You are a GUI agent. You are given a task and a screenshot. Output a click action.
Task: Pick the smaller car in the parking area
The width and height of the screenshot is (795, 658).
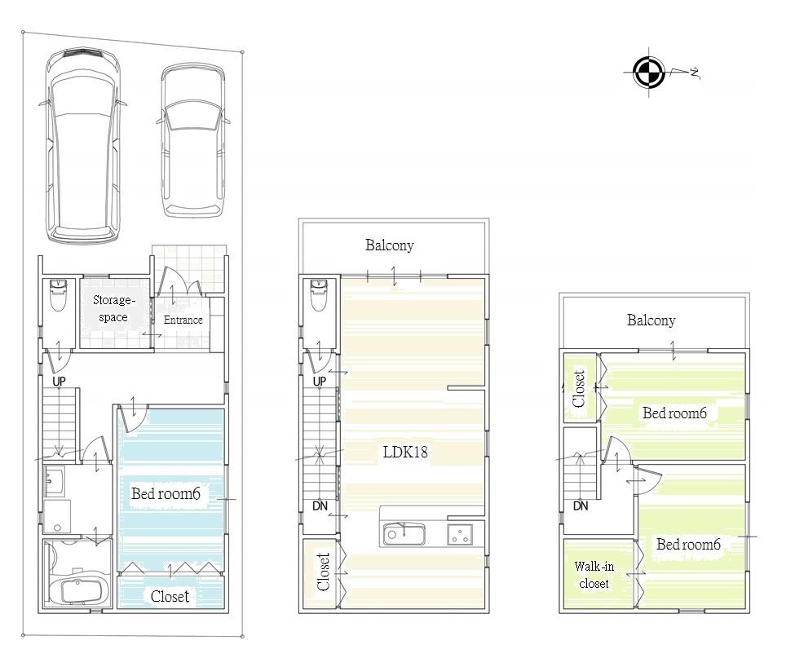point(192,140)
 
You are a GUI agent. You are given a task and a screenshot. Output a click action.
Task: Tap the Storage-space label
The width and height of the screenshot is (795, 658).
point(113,308)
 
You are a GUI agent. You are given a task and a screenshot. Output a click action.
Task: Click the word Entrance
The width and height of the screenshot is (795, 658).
point(183,320)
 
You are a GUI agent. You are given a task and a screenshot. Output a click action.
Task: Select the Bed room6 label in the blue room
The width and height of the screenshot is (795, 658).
point(166,493)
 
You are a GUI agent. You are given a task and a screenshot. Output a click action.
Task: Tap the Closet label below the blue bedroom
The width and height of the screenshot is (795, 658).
point(170,596)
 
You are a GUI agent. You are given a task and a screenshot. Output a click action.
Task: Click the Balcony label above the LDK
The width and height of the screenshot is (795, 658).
point(389,245)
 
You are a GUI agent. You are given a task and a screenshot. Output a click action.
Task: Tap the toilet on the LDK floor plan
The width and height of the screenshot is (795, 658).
point(319,296)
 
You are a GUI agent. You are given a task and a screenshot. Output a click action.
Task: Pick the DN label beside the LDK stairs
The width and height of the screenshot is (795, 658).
point(320,506)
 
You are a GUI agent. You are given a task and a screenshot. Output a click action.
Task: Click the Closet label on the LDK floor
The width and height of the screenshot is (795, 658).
point(323,572)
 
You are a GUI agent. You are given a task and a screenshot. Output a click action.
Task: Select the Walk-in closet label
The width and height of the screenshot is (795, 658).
point(594,575)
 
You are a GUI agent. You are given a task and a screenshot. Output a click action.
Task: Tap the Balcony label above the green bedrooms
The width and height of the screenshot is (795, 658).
point(651,320)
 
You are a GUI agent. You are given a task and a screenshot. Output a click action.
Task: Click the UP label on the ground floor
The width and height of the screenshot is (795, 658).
point(59,381)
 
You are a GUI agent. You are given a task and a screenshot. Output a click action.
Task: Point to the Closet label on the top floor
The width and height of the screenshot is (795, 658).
point(579,388)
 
